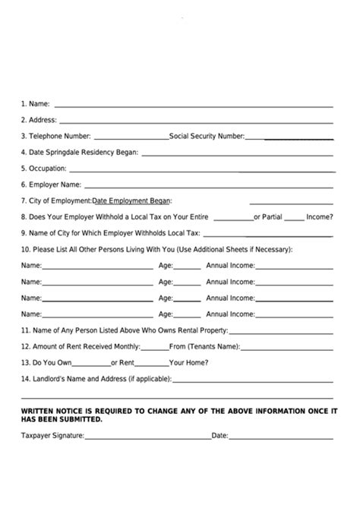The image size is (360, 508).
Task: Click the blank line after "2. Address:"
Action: pos(196,121)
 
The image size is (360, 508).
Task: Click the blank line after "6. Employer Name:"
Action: pos(208,186)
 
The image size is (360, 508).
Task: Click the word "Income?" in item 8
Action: pos(319,216)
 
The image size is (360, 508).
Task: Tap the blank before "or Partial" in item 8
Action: pos(234,219)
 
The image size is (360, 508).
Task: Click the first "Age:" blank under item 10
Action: pos(188,268)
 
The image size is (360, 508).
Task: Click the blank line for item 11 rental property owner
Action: pos(280,333)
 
